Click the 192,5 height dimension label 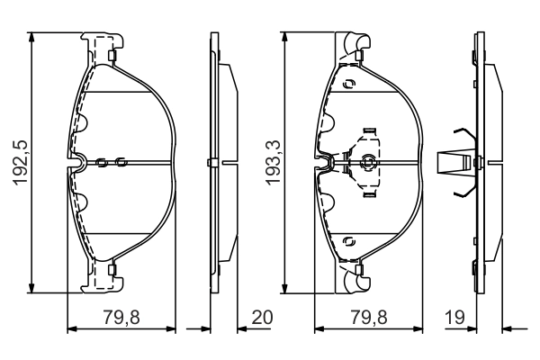pyautogui.click(x=21, y=162)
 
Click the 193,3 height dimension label pyautogui.click(x=274, y=163)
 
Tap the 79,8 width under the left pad pyautogui.click(x=121, y=317)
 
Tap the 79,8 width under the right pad pyautogui.click(x=369, y=317)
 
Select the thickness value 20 pyautogui.click(x=262, y=317)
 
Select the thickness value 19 pyautogui.click(x=454, y=317)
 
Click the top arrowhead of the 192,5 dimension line pyautogui.click(x=31, y=37)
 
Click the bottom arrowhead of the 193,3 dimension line pyautogui.click(x=284, y=289)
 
